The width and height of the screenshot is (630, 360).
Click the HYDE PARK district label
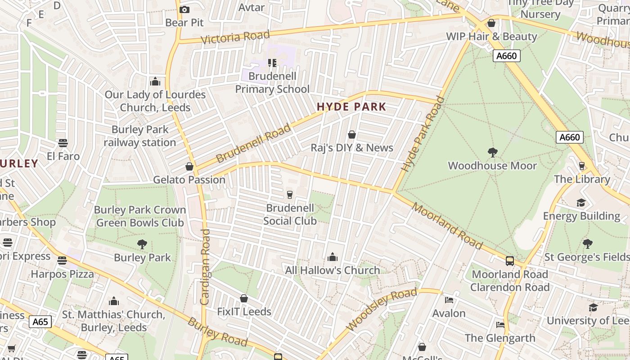(x=351, y=107)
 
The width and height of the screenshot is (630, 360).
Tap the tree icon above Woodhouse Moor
(x=493, y=153)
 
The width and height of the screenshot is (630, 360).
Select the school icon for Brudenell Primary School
(x=272, y=63)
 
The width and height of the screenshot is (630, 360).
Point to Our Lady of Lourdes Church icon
(x=155, y=81)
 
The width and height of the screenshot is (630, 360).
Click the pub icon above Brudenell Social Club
(x=290, y=194)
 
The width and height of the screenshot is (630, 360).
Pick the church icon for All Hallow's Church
(x=333, y=257)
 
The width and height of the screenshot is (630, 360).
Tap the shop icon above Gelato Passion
(x=189, y=166)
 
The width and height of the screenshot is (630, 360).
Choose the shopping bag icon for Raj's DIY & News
(x=352, y=135)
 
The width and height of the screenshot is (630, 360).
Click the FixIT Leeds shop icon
(x=244, y=298)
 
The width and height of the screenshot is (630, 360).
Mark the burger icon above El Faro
(x=63, y=143)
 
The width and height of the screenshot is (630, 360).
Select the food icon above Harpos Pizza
(x=62, y=261)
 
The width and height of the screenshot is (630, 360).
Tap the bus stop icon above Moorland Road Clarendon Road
(x=510, y=261)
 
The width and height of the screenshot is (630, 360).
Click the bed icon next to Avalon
(x=449, y=300)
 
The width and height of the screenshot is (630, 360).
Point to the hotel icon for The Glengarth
(x=500, y=324)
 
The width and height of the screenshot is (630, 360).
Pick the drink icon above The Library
(x=582, y=166)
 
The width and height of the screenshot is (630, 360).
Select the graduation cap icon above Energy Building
(x=581, y=202)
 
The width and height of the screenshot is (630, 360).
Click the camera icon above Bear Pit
(x=184, y=9)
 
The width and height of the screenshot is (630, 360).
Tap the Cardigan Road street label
(x=205, y=267)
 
